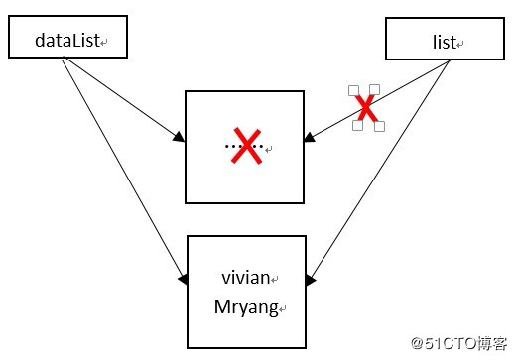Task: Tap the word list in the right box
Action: click(444, 43)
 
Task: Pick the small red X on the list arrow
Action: click(366, 107)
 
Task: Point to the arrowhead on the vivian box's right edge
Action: click(311, 281)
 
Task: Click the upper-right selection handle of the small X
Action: click(374, 89)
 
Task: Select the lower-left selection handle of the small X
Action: click(358, 125)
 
